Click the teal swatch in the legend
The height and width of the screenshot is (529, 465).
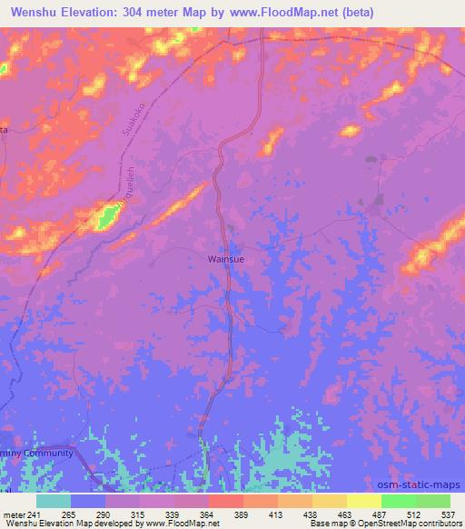click(54, 501)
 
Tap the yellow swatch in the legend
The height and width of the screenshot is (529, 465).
click(363, 501)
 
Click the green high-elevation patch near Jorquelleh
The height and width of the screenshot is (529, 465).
click(108, 216)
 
